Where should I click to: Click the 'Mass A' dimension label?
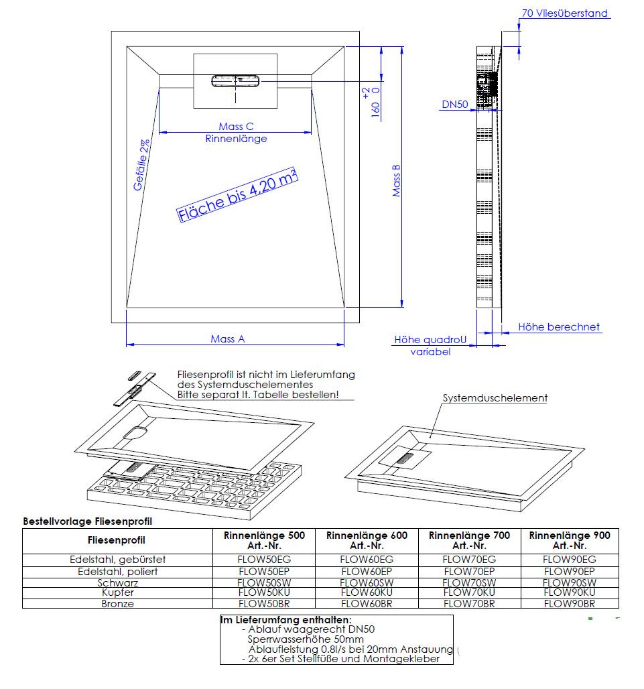pos(227,339)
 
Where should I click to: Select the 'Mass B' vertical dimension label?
pos(396,180)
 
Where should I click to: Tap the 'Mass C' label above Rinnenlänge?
pos(236,127)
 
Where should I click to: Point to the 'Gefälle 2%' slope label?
pos(141,165)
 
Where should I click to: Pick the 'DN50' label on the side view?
pos(455,105)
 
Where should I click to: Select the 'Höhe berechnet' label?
pos(559,327)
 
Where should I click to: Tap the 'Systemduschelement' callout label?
pos(495,398)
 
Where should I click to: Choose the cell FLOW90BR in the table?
pos(569,603)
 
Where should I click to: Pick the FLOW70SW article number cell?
pos(469,582)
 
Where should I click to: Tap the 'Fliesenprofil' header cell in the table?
pos(117,540)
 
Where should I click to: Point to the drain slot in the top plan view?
pos(235,81)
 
